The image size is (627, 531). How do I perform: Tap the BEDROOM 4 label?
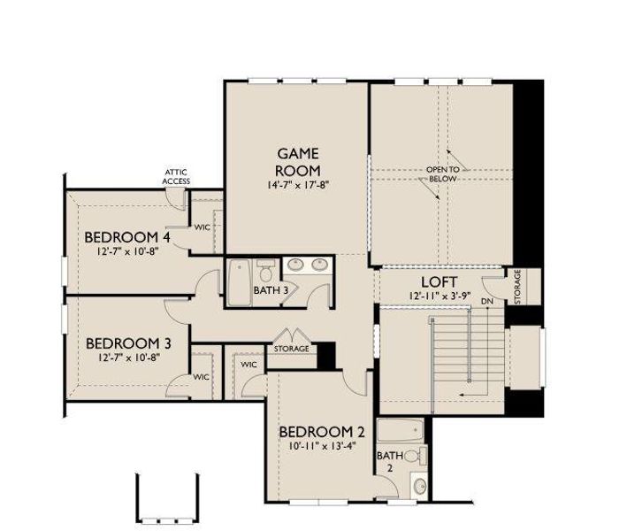pyautogui.click(x=127, y=237)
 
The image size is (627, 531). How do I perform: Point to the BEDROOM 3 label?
pyautogui.click(x=127, y=342)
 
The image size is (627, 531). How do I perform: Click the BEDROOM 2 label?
pyautogui.click(x=321, y=431)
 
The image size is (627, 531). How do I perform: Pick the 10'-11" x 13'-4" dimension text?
pyautogui.click(x=321, y=447)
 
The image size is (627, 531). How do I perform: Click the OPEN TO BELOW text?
pyautogui.click(x=443, y=173)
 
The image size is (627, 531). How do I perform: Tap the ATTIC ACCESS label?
pyautogui.click(x=176, y=176)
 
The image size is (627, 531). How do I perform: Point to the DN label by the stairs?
pyautogui.click(x=486, y=302)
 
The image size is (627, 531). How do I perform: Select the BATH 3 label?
pyautogui.click(x=271, y=290)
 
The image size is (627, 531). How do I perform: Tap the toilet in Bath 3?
pyautogui.click(x=265, y=268)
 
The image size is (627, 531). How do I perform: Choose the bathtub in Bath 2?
pyautogui.click(x=401, y=432)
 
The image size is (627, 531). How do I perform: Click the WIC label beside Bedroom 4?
pyautogui.click(x=203, y=227)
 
